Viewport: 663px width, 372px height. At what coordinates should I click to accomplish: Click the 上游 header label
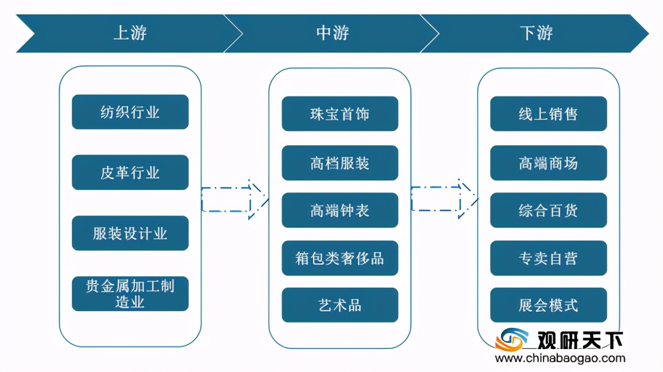130,33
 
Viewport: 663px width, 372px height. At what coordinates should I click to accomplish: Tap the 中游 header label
332,33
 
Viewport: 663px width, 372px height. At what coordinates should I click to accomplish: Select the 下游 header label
536,33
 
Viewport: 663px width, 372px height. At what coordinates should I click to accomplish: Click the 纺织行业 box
130,112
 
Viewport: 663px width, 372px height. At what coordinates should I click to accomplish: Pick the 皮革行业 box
130,173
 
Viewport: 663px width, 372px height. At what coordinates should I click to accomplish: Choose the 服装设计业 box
130,233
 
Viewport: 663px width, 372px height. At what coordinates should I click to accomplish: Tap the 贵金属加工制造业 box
130,294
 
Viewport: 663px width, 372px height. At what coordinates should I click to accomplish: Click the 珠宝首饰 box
340,114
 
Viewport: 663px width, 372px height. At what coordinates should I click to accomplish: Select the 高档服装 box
340,163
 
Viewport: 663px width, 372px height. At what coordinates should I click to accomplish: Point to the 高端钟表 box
340,211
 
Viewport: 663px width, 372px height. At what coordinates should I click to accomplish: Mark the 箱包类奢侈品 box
340,258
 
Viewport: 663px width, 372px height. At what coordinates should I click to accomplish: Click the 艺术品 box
340,305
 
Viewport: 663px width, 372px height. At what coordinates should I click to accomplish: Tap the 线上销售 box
548,114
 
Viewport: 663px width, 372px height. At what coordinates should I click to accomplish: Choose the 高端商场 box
548,163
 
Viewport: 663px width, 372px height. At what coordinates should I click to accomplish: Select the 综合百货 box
548,211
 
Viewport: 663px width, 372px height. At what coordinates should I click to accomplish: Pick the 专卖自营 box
548,258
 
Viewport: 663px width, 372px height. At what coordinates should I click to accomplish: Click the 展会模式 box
548,305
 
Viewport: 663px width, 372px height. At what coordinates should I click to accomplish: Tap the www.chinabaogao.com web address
560,359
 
